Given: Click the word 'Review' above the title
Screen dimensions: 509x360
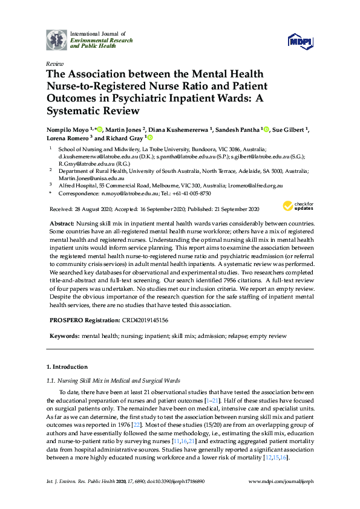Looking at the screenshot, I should point(54,63).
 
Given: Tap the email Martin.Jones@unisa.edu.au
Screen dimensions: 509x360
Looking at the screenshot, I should point(88,178).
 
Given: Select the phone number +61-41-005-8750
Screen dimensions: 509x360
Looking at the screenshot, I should point(192,193).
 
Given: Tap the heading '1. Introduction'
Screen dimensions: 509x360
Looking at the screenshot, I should point(67,367).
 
